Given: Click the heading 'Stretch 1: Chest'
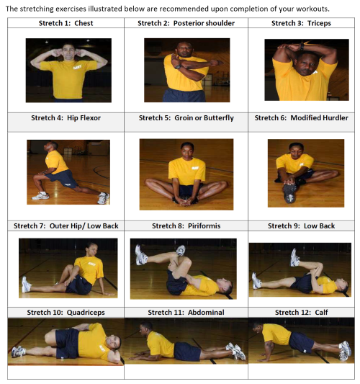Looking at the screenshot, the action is pos(66,23).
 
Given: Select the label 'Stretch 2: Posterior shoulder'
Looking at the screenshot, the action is pos(186,23).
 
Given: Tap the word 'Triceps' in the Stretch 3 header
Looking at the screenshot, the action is pos(319,23).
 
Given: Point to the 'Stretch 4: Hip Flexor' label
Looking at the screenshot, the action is pos(66,118).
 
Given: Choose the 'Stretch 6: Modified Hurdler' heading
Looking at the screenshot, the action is pos(301,118).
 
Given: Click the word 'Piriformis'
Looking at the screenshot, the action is pos(204,226).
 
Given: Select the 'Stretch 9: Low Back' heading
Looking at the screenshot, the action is pos(301,226).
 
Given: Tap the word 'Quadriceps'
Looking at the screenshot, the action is pos(86,313).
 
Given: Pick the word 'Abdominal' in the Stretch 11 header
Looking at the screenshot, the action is pos(206,313).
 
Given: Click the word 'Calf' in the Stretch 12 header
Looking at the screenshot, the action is pos(321,313).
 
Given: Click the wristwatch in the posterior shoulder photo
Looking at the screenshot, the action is pos(178,66).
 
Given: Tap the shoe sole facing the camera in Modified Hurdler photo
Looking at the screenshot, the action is pos(289,193).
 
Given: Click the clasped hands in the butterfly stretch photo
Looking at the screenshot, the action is pos(186,202).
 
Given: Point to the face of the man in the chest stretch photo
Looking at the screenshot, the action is pos(68,52).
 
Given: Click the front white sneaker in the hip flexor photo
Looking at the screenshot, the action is pos(40,196).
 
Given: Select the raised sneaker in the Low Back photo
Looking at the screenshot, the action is pos(295,258).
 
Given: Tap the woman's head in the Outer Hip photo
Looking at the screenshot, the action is pos(91,249).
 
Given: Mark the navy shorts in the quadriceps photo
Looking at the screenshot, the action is pos(67,343).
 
